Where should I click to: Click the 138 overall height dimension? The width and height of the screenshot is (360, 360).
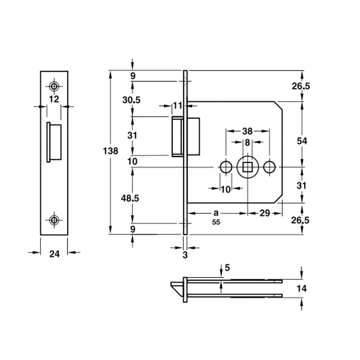point(110,151)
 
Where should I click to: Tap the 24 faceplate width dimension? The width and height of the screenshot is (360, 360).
point(54,254)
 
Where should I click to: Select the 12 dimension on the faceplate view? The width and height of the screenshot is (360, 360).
point(54,99)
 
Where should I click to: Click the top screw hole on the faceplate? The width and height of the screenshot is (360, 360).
point(54,86)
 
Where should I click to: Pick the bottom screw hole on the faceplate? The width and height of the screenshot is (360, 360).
point(54,220)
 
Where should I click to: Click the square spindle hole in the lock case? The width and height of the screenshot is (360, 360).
point(248,167)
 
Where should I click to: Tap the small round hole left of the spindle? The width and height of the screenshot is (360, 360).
point(226,167)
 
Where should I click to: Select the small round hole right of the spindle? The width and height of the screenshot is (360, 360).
point(269,167)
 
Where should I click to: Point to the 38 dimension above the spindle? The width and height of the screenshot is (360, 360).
point(247,131)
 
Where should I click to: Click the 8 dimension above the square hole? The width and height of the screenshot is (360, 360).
point(247,143)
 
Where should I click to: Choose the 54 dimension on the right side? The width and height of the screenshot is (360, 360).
point(302,141)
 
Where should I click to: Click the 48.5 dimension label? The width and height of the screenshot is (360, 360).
point(130,198)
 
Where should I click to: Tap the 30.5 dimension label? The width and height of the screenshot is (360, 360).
point(131,100)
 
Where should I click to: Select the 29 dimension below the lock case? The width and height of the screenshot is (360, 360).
point(265,213)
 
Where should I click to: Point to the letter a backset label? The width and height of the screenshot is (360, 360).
point(216,213)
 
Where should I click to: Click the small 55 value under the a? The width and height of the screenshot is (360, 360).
point(216,222)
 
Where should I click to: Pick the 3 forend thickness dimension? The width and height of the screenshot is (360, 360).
point(185,255)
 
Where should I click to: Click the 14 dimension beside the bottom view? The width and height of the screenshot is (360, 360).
point(301,288)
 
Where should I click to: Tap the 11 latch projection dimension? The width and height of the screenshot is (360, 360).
point(177,106)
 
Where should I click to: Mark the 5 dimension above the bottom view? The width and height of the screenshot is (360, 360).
point(227,268)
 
